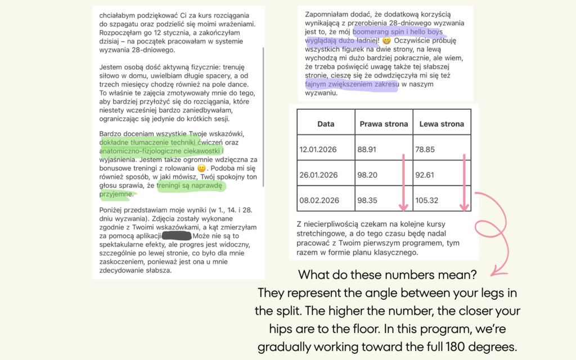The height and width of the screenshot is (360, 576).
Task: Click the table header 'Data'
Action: tap(326, 124)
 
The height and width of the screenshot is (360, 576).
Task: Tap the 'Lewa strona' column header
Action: tap(442, 124)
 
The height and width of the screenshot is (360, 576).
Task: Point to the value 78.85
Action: tap(430, 149)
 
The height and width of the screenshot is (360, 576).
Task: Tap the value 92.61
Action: tap(430, 174)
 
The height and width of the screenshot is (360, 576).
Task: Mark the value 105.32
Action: tap(432, 200)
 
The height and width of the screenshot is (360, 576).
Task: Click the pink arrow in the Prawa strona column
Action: tap(403, 183)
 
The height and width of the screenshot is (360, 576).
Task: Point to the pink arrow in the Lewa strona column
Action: tap(463, 183)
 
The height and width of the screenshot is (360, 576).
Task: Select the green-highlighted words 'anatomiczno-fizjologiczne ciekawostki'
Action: tap(161, 151)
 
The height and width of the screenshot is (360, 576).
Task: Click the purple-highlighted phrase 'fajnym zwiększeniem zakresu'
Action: tap(351, 85)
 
